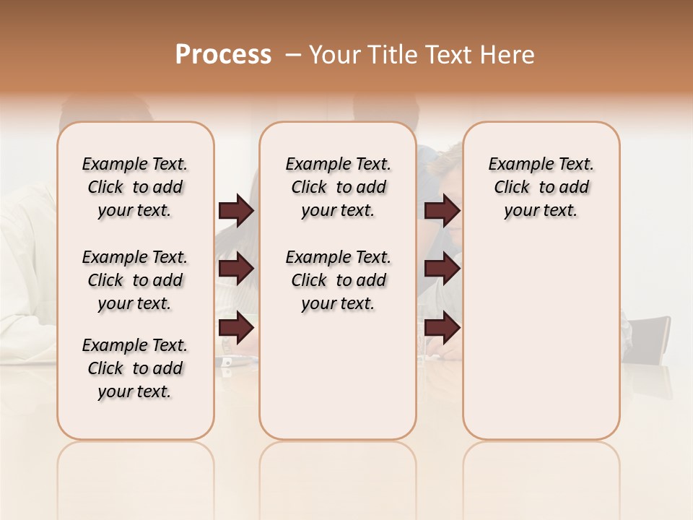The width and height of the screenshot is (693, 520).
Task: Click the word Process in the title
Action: tap(223, 54)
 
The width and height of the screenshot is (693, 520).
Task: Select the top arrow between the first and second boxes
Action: tap(236, 211)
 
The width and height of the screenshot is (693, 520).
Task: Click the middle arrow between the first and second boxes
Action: tap(236, 269)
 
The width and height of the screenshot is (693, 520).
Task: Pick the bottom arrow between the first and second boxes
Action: tap(236, 328)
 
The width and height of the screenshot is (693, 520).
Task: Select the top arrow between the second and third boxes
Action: tap(442, 211)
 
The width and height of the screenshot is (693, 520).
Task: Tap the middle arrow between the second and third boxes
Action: tap(442, 269)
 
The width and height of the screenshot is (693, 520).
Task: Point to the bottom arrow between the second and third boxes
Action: tap(442, 328)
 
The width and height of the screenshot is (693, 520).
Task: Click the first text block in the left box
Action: tap(135, 187)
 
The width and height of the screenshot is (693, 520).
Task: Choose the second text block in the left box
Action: tap(135, 280)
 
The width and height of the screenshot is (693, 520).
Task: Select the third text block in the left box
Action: tap(135, 368)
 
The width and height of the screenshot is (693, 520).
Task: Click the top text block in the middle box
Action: tap(338, 187)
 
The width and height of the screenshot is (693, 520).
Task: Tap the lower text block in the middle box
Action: tap(338, 280)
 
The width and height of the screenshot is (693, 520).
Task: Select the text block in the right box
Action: tap(541, 187)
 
